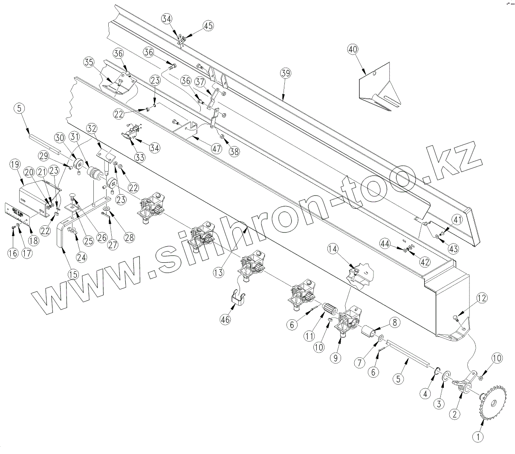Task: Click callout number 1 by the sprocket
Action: tap(478, 436)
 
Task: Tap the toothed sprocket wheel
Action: tap(492, 402)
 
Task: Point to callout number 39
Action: tap(285, 73)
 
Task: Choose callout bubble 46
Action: tap(226, 319)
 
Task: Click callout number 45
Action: tap(208, 26)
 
